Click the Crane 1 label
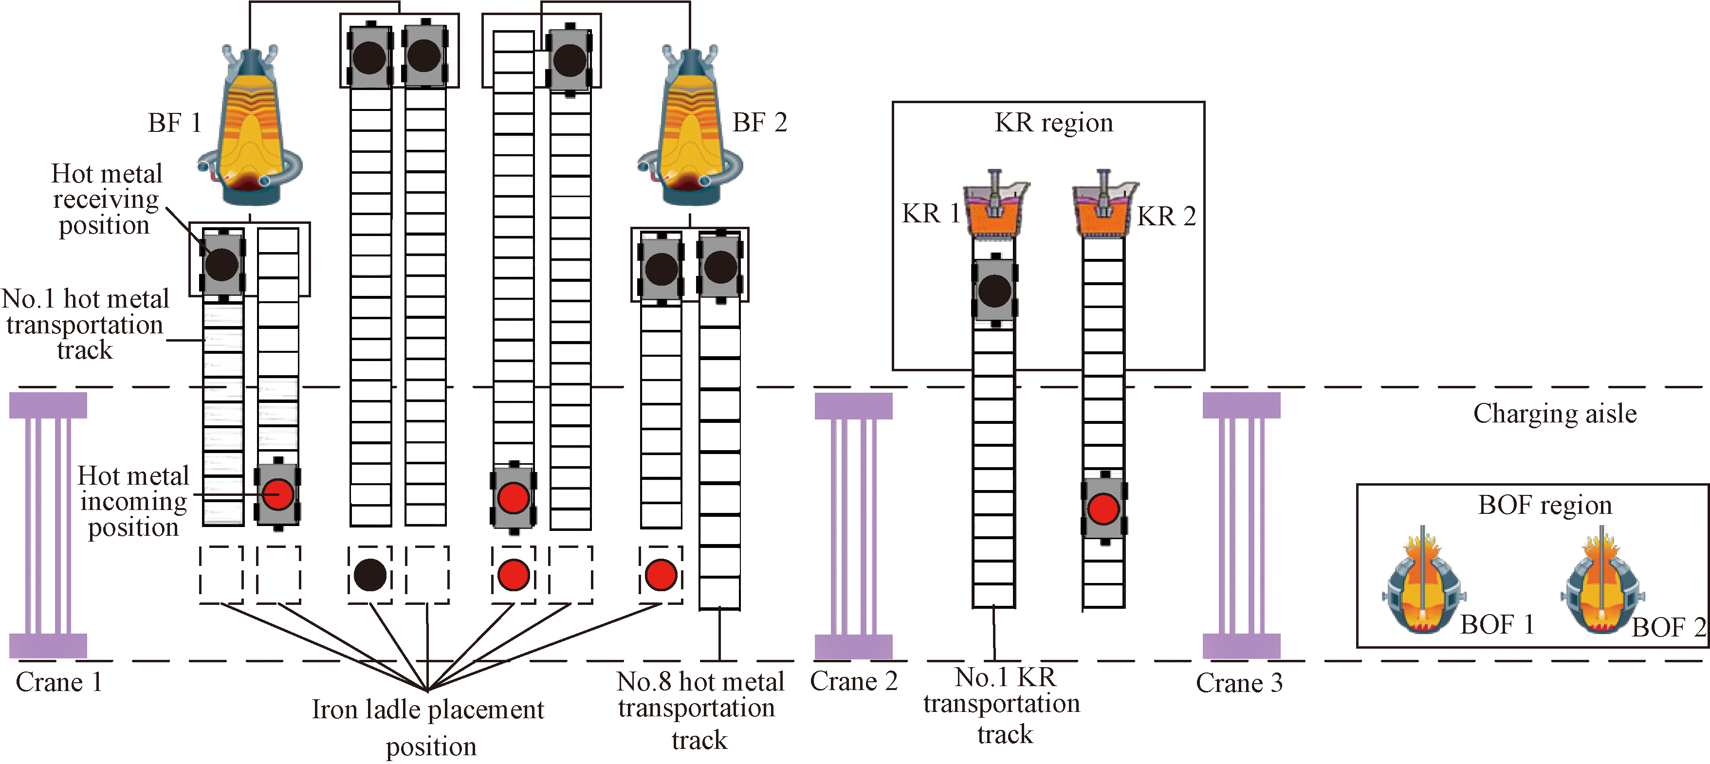pyautogui.click(x=59, y=682)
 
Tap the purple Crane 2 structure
pyautogui.click(x=854, y=525)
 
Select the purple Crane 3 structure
pyautogui.click(x=1241, y=525)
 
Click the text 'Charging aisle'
pyautogui.click(x=1555, y=414)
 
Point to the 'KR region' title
pyautogui.click(x=1053, y=123)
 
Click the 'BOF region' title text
pyautogui.click(x=1545, y=505)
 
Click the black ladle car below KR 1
pyautogui.click(x=994, y=291)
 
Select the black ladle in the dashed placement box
pyautogui.click(x=370, y=575)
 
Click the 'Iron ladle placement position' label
pyautogui.click(x=428, y=728)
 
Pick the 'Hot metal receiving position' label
pyautogui.click(x=106, y=199)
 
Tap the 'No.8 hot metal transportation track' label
pyautogui.click(x=699, y=710)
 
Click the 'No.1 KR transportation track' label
pyautogui.click(x=1002, y=706)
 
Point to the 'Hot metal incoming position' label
pyautogui.click(x=133, y=501)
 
